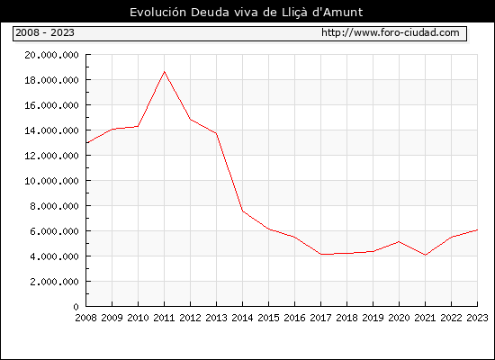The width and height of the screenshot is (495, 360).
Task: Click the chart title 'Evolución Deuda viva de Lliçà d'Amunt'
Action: (x=247, y=13)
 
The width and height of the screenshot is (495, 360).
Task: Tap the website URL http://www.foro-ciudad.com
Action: (x=391, y=32)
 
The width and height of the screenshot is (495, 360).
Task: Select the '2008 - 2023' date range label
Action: (x=45, y=32)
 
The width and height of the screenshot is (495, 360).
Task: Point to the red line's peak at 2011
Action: (x=164, y=72)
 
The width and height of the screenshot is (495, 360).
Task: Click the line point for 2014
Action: (x=242, y=211)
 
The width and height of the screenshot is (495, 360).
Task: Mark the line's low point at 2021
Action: (x=425, y=255)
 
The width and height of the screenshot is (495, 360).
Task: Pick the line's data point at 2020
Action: (x=399, y=242)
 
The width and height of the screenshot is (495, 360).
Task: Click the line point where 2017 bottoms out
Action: (x=320, y=254)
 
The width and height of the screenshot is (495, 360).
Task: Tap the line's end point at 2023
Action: (x=477, y=229)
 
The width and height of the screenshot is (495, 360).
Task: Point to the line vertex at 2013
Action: (x=216, y=133)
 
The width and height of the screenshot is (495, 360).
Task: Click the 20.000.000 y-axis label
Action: (x=52, y=55)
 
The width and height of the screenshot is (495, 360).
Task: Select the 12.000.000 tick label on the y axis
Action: (x=52, y=156)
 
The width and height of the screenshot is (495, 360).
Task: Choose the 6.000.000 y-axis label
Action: (x=54, y=231)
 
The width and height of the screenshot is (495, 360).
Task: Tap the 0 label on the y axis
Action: (x=76, y=307)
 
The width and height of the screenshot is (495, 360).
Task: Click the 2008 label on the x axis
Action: (x=85, y=318)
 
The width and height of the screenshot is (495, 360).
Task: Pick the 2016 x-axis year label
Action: (x=294, y=318)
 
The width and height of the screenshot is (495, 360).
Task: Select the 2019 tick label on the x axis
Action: (x=373, y=318)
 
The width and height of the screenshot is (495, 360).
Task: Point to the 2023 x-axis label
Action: (x=477, y=318)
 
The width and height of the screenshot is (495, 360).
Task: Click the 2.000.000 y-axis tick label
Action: (x=54, y=282)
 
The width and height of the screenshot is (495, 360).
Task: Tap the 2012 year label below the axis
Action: (x=191, y=318)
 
